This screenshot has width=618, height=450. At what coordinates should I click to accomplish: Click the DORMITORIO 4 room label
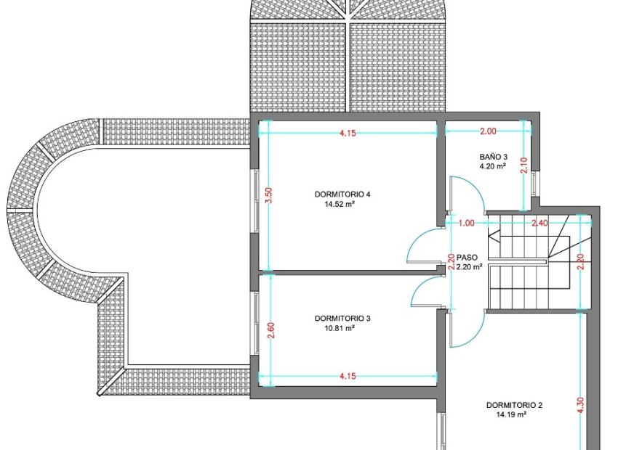(342, 194)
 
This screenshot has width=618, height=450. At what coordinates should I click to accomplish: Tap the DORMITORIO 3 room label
(342, 318)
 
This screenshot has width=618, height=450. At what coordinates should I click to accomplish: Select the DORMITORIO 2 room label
(514, 405)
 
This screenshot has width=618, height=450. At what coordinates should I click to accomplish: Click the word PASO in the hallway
(467, 258)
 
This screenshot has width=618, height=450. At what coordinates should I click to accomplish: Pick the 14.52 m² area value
(340, 204)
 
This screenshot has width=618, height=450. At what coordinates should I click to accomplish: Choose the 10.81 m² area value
(340, 328)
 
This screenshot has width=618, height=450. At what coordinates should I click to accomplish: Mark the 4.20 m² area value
(493, 166)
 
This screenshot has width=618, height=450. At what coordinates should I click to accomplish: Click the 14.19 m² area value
(512, 414)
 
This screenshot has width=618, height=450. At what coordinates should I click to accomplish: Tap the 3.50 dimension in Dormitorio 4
(269, 195)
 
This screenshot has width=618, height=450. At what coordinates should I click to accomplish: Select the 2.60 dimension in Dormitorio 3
(270, 330)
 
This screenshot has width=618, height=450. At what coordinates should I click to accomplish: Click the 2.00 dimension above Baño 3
(488, 131)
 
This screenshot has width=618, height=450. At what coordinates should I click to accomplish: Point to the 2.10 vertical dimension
(523, 165)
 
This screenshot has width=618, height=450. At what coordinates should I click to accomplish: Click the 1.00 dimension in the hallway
(466, 223)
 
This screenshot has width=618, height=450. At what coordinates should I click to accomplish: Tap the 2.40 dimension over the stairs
(539, 223)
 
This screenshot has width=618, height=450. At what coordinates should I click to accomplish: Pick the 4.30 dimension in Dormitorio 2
(581, 406)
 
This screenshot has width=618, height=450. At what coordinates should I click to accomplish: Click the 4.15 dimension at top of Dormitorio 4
(348, 133)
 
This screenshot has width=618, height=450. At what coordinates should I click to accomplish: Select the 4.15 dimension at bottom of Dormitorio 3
(348, 376)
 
